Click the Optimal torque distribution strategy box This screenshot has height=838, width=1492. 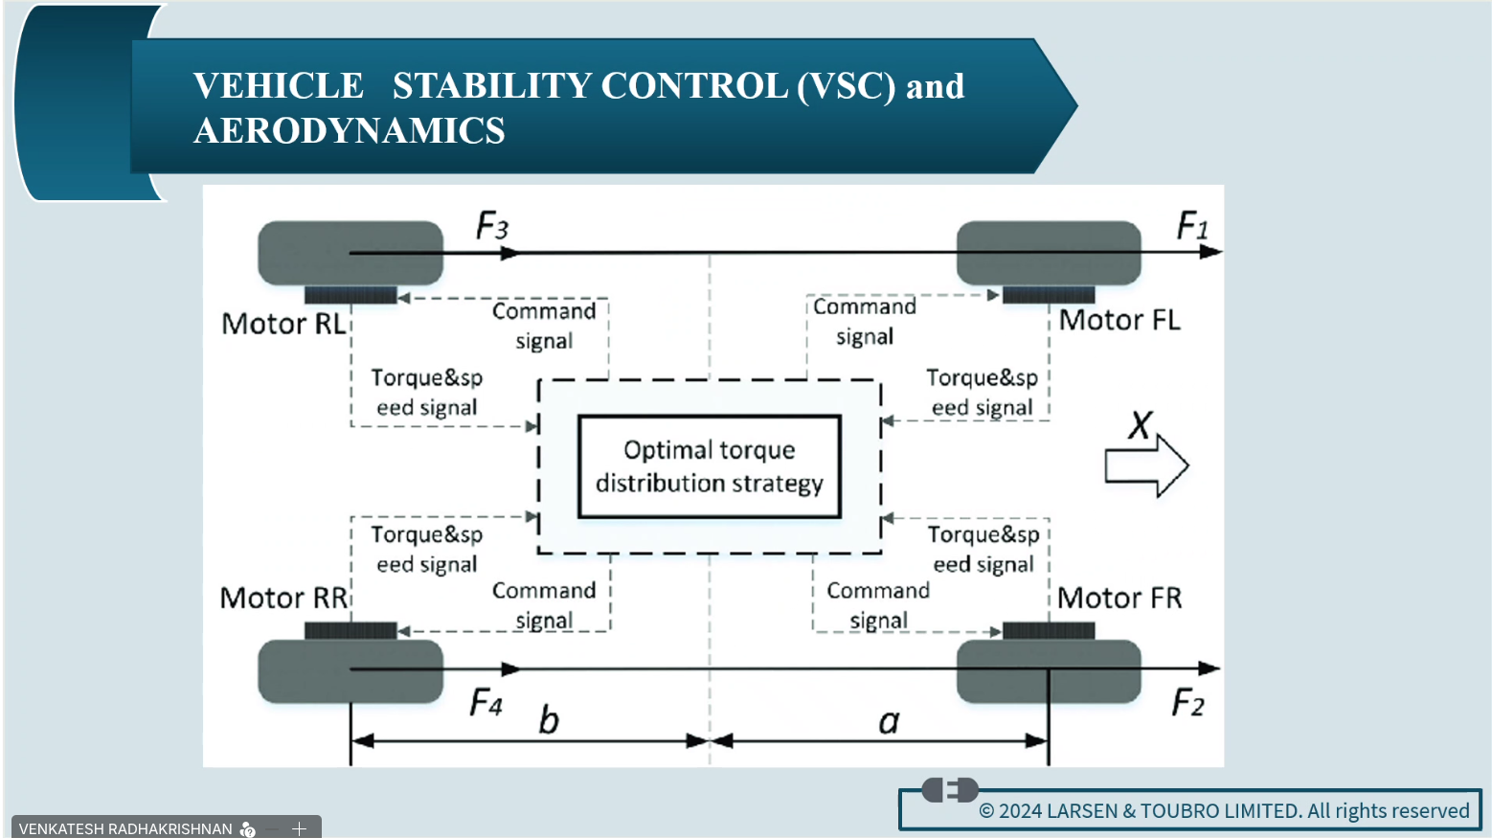click(x=709, y=466)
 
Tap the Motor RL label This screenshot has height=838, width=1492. click(x=283, y=324)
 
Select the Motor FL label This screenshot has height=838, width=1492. click(x=1119, y=320)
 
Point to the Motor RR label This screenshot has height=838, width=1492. click(x=283, y=598)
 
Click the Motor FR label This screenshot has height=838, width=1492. click(x=1119, y=598)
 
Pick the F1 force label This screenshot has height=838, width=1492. click(x=1191, y=226)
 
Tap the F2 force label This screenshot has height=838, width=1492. click(x=1187, y=704)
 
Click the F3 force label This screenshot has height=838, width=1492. click(x=492, y=227)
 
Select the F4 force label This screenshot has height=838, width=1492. click(x=486, y=704)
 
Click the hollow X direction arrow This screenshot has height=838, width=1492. click(x=1146, y=465)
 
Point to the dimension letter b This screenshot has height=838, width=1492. click(x=548, y=719)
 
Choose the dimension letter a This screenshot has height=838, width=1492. click(x=889, y=721)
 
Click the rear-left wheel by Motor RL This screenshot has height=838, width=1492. click(x=350, y=253)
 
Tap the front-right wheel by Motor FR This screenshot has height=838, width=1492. click(x=1049, y=670)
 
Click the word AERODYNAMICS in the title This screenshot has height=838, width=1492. click(x=350, y=130)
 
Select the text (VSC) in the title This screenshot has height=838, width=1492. click(x=847, y=86)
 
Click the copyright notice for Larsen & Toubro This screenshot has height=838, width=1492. click(x=1223, y=811)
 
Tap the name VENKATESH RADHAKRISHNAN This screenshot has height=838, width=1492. click(x=125, y=828)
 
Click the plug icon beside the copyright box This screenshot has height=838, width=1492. click(x=949, y=790)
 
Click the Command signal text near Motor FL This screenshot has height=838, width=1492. click(x=864, y=321)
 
